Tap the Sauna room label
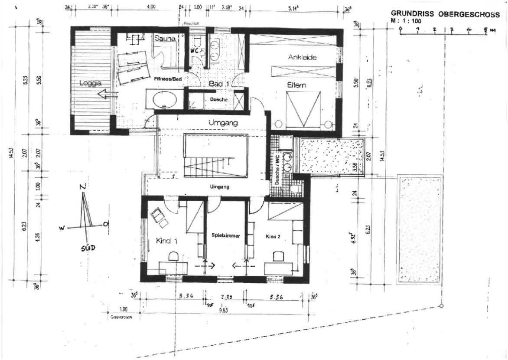pos(165,39)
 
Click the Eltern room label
pos(296,85)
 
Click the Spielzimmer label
pos(226,235)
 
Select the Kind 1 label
pos(167,240)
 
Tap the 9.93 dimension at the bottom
pos(224,311)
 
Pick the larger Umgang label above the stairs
pos(223,123)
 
